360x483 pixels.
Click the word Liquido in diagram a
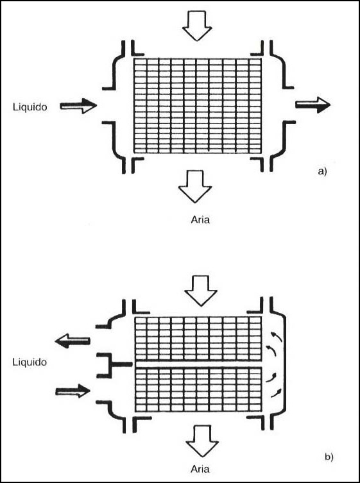30,107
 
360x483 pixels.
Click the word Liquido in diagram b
30,362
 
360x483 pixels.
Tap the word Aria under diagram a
200,220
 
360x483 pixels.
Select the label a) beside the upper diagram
322,171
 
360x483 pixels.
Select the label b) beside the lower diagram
329,457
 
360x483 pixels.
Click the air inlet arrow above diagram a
197,26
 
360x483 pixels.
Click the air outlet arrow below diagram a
195,187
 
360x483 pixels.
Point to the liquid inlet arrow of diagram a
78,106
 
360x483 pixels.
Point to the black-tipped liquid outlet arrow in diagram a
313,105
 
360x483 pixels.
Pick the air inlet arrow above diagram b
201,291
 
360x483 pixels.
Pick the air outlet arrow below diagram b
203,441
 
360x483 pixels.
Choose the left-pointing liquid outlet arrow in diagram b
73,341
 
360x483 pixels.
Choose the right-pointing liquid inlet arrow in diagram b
73,391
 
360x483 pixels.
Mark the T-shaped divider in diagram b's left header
114,365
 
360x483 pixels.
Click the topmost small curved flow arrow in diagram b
276,337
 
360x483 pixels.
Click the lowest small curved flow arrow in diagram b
276,393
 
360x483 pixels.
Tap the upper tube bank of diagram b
198,339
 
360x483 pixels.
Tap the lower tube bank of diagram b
198,389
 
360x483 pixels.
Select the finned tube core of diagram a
198,105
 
